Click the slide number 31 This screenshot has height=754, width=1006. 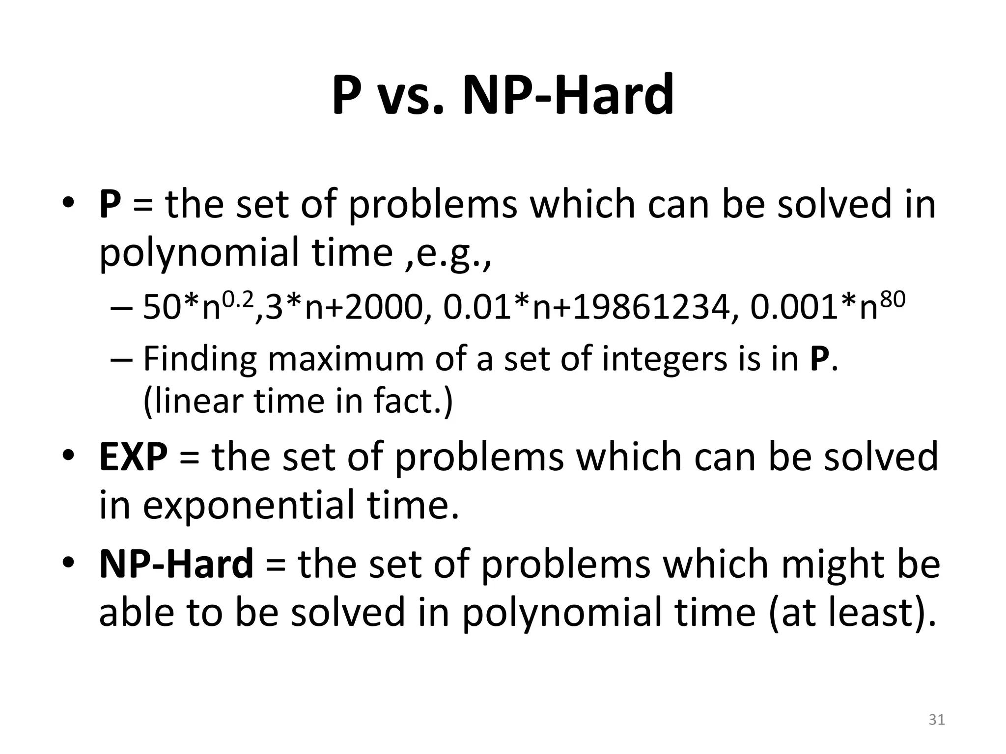tap(937, 720)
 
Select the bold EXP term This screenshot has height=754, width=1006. tap(133, 457)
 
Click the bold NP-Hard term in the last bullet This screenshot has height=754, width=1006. tap(176, 565)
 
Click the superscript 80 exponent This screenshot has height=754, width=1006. tap(891, 297)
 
